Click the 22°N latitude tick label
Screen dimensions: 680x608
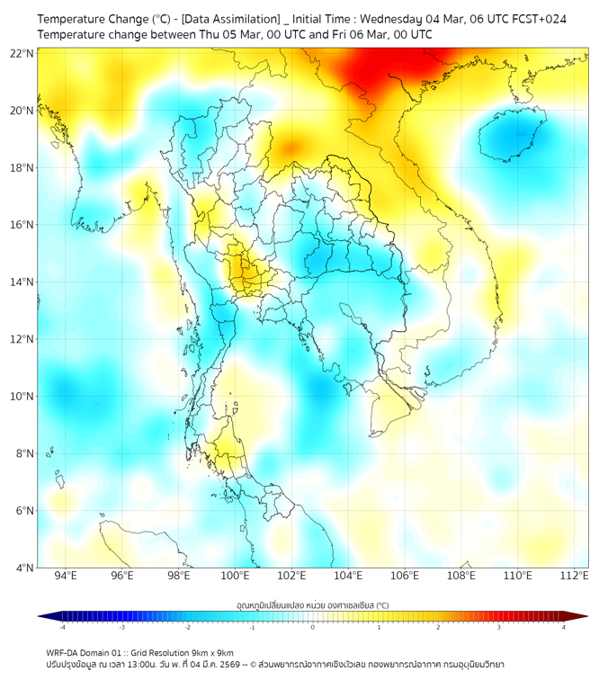pos(22,54)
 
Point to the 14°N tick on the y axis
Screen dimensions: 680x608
pos(22,282)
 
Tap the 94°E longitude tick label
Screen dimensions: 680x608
pos(66,577)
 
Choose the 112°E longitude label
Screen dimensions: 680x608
pos(574,577)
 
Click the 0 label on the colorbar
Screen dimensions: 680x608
pos(313,627)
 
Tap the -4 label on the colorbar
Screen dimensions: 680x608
pos(61,627)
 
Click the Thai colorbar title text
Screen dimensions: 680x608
pos(312,605)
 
